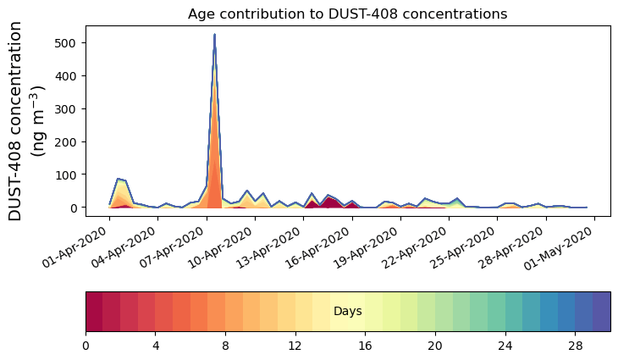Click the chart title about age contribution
[347, 14]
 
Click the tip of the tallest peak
[214, 35]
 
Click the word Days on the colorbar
[347, 312]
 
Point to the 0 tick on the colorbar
[86, 346]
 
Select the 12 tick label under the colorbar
[295, 346]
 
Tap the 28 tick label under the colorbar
[575, 346]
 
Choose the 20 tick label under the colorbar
[435, 346]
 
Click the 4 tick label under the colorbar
[155, 346]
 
